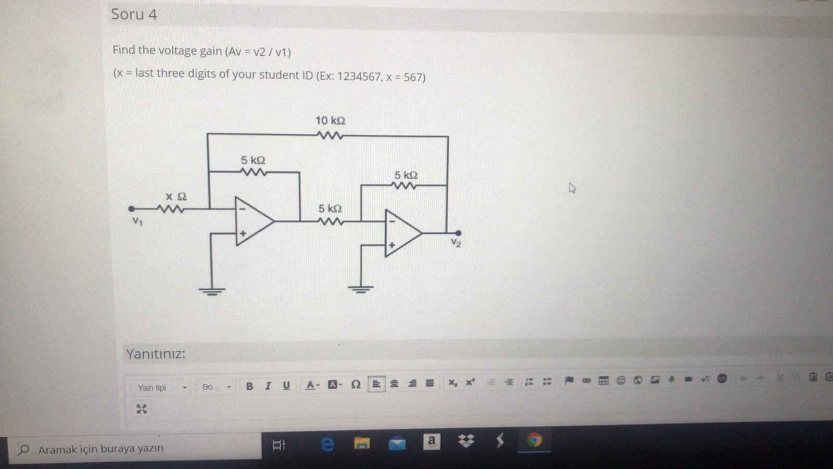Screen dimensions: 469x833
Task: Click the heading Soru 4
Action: pyautogui.click(x=134, y=14)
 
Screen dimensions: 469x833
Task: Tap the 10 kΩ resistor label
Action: pyautogui.click(x=330, y=121)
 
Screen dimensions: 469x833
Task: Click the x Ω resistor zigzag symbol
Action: pyautogui.click(x=171, y=209)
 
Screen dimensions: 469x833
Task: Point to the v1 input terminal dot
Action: pyautogui.click(x=131, y=209)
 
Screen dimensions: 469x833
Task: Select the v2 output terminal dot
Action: pyautogui.click(x=458, y=233)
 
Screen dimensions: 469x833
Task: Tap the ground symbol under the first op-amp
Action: pyautogui.click(x=211, y=291)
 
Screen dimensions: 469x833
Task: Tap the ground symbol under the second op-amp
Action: pyautogui.click(x=361, y=289)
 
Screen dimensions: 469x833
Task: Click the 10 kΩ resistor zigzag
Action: pyautogui.click(x=330, y=136)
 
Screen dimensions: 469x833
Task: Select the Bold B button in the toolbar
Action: pyautogui.click(x=250, y=386)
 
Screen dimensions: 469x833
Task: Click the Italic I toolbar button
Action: pyautogui.click(x=268, y=386)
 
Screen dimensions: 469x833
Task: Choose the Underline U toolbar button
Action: pyautogui.click(x=286, y=386)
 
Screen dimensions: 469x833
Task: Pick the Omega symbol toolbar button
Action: pyautogui.click(x=356, y=385)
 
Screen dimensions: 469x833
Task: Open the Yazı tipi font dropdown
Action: pyautogui.click(x=162, y=388)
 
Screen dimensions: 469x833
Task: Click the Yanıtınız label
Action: pyautogui.click(x=155, y=354)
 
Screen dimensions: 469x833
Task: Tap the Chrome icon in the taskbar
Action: pyautogui.click(x=534, y=440)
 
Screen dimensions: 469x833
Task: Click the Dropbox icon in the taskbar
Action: pyautogui.click(x=466, y=441)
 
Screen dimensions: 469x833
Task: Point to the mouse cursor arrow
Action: pyautogui.click(x=572, y=188)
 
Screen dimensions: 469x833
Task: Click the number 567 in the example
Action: pyautogui.click(x=414, y=78)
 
